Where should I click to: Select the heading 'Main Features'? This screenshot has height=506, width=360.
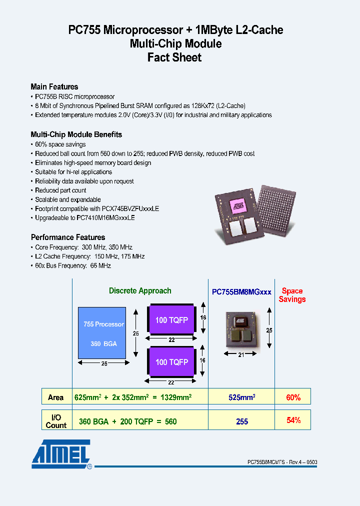(54, 86)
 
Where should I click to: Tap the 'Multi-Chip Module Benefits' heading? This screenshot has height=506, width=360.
(76, 134)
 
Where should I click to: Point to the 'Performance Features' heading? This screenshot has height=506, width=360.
(68, 237)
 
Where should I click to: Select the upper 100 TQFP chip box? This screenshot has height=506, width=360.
(171, 320)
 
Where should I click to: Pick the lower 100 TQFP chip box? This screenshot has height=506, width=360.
(171, 362)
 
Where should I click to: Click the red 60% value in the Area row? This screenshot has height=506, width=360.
(293, 397)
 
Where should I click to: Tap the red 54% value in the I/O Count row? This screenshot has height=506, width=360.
(293, 420)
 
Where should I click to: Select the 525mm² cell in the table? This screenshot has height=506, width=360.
(242, 397)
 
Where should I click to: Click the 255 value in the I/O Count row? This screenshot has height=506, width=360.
(242, 421)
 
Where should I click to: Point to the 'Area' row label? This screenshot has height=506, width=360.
(55, 397)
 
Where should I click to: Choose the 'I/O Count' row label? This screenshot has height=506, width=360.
(55, 421)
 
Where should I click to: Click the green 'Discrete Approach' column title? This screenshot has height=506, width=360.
(140, 291)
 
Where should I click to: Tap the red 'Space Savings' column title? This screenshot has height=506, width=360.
(292, 295)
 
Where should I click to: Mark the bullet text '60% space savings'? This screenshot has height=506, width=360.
(60, 144)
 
